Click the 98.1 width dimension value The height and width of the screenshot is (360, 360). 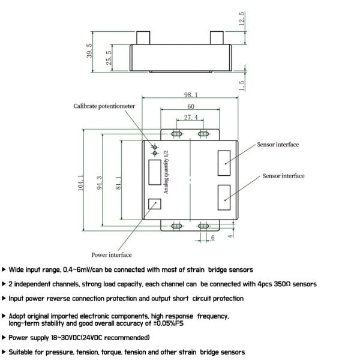[191, 95]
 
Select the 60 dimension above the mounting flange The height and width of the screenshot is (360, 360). [191, 106]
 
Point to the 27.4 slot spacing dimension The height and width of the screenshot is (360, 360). [191, 118]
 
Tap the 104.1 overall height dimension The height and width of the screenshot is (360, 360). [80, 183]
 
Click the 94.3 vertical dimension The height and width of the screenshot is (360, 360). [99, 183]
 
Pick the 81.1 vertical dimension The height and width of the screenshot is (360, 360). [118, 183]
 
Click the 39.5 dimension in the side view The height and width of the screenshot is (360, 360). [89, 51]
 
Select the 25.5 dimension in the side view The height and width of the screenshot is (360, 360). [109, 58]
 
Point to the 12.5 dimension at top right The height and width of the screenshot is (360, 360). [242, 19]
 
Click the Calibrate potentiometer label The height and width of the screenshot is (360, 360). [104, 106]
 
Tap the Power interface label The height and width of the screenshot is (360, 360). [112, 255]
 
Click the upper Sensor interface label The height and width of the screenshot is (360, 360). [278, 145]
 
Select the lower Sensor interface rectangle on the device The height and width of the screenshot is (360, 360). [224, 197]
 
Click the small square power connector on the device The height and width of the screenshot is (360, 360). [155, 204]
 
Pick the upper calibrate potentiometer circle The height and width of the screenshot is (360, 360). [155, 147]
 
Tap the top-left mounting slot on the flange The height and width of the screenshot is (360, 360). [176, 134]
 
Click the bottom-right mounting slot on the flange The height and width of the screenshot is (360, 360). [203, 226]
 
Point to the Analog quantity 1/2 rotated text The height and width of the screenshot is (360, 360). [166, 172]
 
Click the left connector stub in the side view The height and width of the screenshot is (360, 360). [143, 38]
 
